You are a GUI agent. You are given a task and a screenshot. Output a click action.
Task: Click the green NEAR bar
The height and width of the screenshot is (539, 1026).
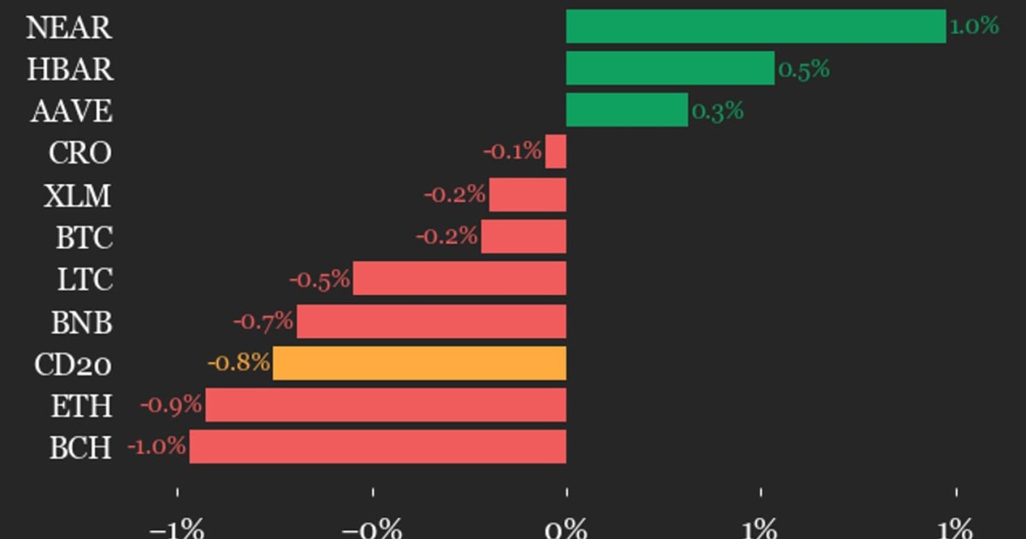click(x=756, y=27)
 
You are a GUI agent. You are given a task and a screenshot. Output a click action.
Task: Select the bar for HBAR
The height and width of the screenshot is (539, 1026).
click(x=670, y=68)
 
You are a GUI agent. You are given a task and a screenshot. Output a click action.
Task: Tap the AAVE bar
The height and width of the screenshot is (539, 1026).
click(x=627, y=110)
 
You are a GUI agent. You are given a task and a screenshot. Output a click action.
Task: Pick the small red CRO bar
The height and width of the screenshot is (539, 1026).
click(x=556, y=151)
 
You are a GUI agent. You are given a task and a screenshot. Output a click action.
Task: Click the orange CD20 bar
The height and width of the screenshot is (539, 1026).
click(x=420, y=363)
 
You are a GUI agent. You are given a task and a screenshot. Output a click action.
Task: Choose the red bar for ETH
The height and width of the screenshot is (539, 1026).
click(x=386, y=405)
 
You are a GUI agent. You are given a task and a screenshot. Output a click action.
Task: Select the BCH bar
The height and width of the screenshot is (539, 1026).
click(x=378, y=447)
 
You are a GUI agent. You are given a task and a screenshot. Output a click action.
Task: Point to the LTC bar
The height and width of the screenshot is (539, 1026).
click(x=459, y=278)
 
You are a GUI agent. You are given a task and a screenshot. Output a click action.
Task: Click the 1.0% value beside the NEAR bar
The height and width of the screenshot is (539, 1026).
click(x=974, y=26)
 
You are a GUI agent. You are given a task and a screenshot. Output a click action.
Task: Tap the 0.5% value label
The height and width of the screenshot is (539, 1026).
click(x=804, y=69)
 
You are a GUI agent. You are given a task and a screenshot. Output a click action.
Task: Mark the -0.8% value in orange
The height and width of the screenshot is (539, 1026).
click(x=239, y=363)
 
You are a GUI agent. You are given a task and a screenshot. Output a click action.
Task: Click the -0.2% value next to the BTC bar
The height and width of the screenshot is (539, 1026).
click(x=446, y=236)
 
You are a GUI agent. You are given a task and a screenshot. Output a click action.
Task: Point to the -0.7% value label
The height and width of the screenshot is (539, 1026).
click(x=263, y=321)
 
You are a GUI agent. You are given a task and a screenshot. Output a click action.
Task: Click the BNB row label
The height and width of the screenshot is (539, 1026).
click(x=81, y=323)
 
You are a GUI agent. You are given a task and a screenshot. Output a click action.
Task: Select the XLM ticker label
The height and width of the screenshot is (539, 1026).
click(x=78, y=196)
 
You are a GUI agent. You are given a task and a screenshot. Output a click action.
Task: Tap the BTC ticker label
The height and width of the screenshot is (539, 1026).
click(x=85, y=238)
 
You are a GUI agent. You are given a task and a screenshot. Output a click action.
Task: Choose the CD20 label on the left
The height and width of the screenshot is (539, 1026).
click(x=73, y=364)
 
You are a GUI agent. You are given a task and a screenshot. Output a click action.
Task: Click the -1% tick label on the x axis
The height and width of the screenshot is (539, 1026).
click(x=177, y=529)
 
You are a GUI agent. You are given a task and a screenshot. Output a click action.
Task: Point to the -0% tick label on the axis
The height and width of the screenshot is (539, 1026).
click(x=372, y=529)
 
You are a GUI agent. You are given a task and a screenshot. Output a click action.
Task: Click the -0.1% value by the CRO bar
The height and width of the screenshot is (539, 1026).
click(x=512, y=151)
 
